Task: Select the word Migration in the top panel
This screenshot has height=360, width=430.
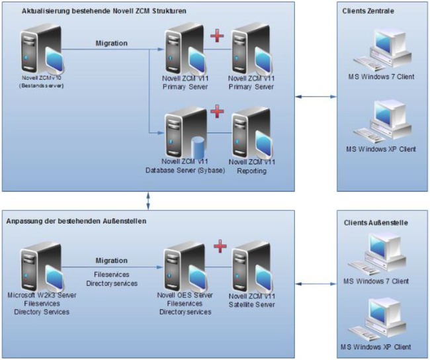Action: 111,44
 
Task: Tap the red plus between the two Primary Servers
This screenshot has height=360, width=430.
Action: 216,35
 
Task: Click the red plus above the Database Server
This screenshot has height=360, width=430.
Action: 216,111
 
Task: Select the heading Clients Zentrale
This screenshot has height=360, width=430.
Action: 370,11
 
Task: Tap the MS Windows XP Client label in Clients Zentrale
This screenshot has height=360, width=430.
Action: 381,149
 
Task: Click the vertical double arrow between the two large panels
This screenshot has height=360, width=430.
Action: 148,199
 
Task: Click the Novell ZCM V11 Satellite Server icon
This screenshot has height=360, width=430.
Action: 251,265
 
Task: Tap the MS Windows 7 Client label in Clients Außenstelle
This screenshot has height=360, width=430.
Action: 381,281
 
